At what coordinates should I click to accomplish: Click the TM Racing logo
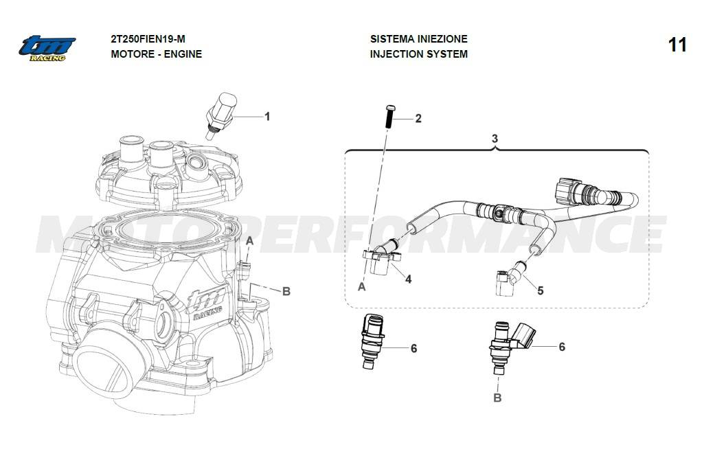tap(47, 47)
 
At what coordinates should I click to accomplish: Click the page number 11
tap(677, 45)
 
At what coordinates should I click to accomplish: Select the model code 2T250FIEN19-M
tap(148, 39)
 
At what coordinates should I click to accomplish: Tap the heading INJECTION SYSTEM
tap(418, 54)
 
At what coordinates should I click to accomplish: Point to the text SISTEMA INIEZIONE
tap(418, 39)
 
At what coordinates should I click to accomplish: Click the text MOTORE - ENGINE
tap(156, 54)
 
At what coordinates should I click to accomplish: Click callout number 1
tap(267, 117)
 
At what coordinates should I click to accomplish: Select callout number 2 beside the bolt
tap(418, 119)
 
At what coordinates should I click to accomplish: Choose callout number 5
tap(540, 290)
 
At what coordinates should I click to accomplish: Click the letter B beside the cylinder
tap(286, 291)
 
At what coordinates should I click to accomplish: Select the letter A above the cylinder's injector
tap(250, 240)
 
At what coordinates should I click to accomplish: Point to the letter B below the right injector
tap(498, 397)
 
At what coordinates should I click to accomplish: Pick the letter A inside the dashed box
tap(361, 287)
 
